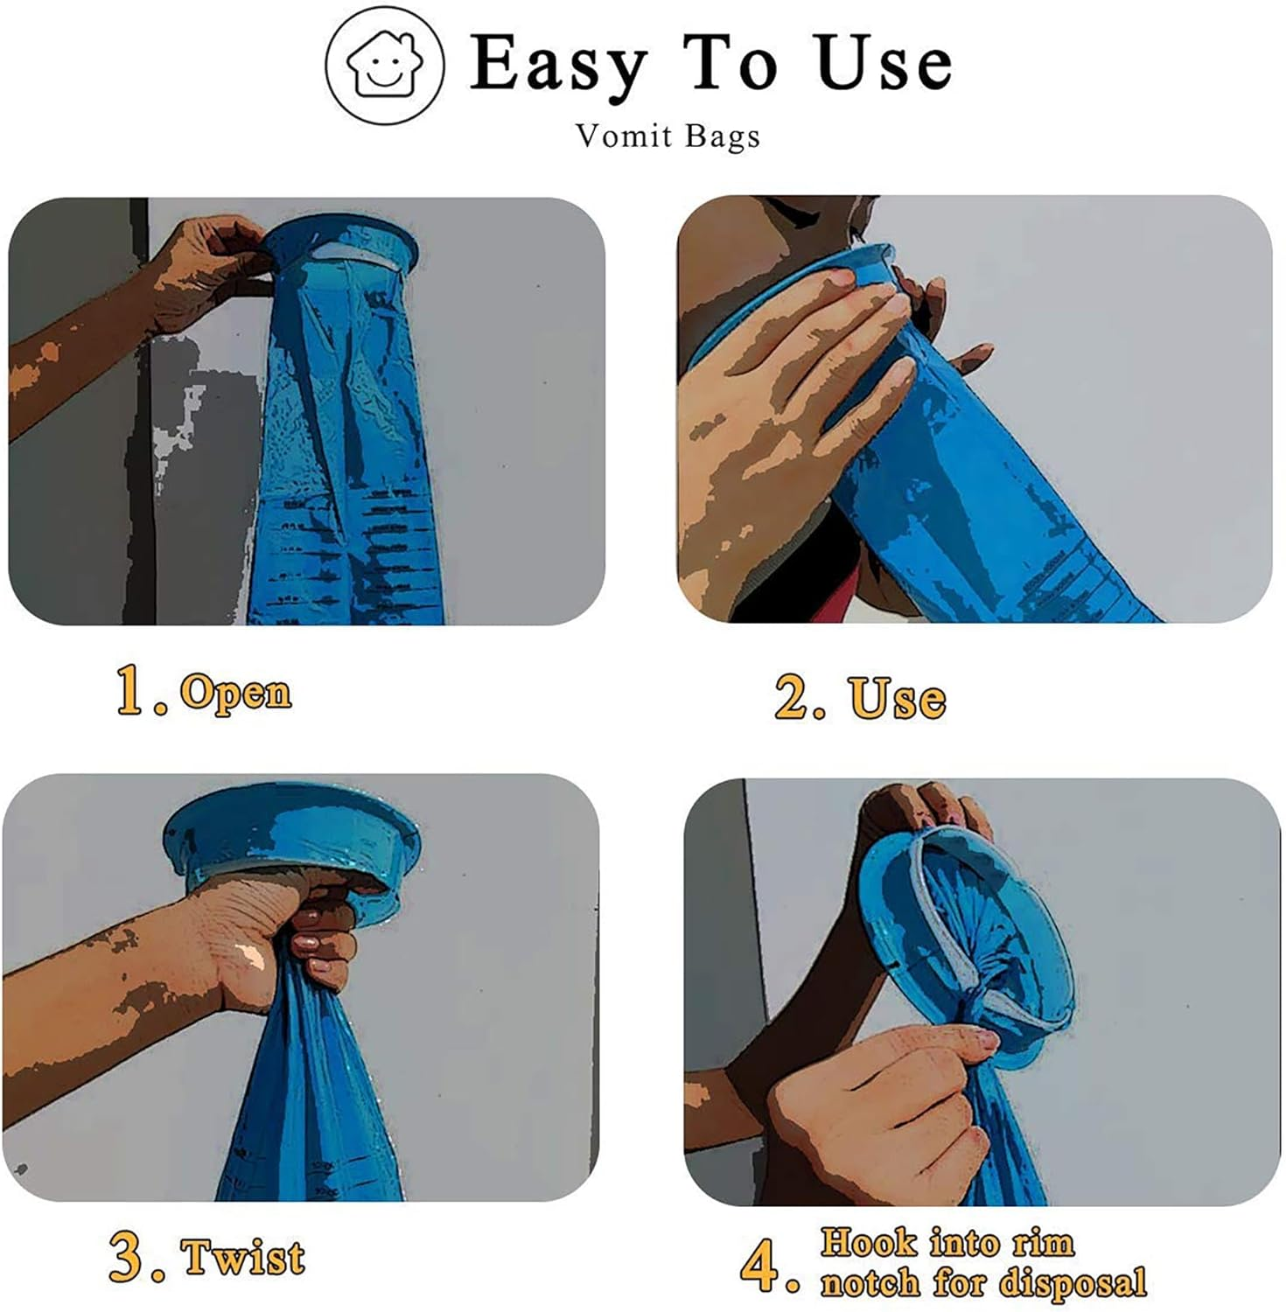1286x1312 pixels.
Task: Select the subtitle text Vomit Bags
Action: pos(667,136)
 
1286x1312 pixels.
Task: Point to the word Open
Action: pos(235,693)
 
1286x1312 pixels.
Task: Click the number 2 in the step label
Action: pos(793,698)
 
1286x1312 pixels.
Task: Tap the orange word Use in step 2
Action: pos(897,700)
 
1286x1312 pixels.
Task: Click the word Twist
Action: pos(243,1258)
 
